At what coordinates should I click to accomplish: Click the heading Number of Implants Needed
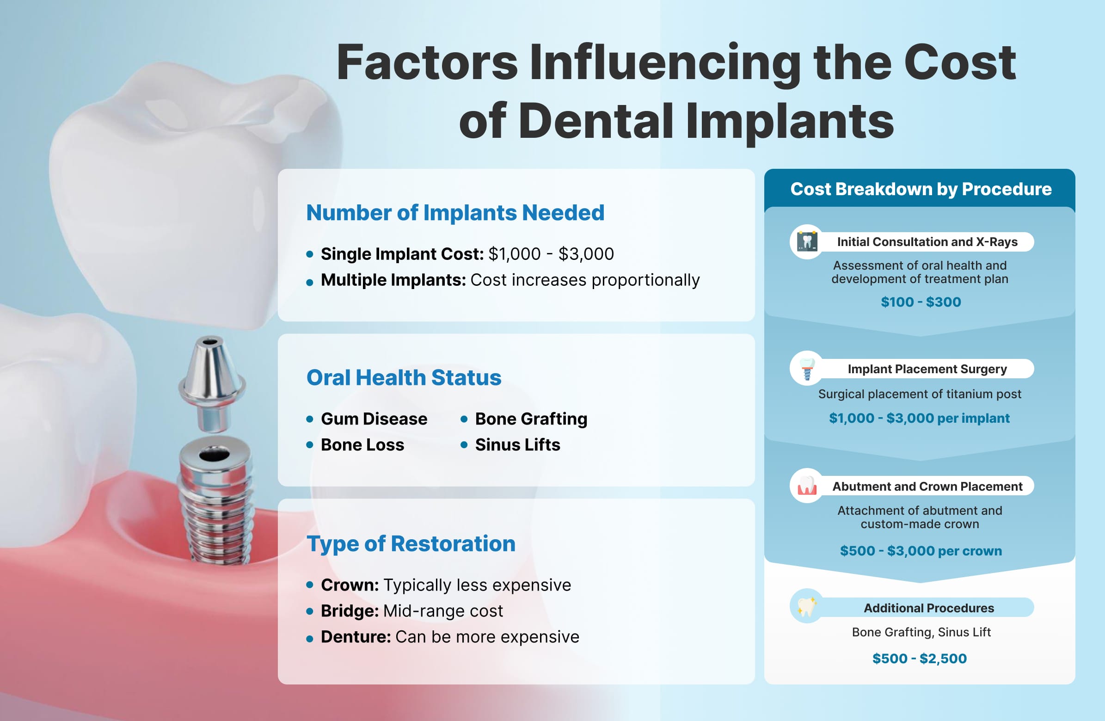click(455, 213)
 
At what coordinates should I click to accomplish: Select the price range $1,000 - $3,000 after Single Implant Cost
click(551, 254)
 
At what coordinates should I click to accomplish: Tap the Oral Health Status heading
click(404, 377)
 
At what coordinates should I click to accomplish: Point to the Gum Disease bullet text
click(374, 419)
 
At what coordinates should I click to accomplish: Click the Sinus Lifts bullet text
click(517, 445)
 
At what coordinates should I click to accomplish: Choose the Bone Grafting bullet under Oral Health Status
click(531, 419)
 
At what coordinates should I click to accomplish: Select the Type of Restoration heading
click(411, 543)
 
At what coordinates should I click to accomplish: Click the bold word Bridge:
click(350, 611)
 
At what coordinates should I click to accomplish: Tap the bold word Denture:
click(356, 637)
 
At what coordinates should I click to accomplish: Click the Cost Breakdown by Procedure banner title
click(921, 189)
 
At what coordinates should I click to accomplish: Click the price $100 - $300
click(921, 302)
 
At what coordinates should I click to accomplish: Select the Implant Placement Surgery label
click(927, 369)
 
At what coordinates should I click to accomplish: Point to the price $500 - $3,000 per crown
click(921, 551)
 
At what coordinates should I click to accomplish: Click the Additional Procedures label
click(928, 608)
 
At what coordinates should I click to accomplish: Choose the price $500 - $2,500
click(919, 659)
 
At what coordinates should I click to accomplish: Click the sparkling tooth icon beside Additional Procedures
click(807, 606)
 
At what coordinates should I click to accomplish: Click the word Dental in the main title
click(595, 122)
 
